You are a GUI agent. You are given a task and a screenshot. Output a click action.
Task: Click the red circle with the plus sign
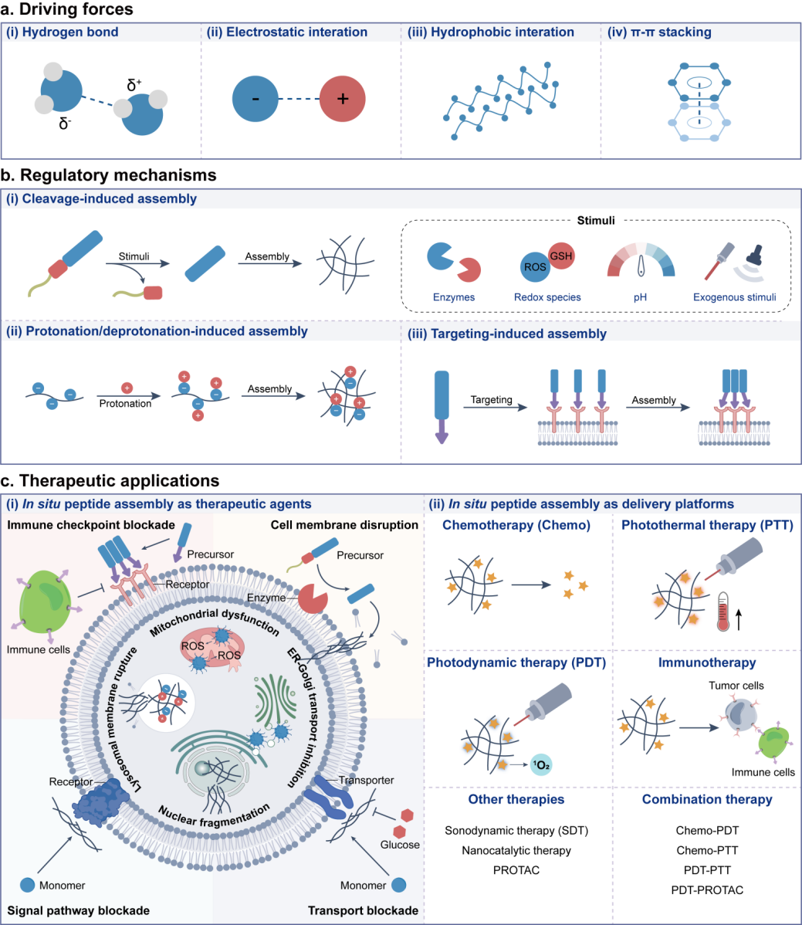[343, 99]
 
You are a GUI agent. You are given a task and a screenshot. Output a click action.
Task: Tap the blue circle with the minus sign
[255, 99]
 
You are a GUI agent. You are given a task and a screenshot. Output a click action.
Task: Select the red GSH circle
[561, 256]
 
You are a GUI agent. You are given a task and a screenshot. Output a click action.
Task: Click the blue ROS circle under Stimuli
[535, 266]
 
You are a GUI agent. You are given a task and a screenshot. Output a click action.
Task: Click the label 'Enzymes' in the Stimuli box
[453, 297]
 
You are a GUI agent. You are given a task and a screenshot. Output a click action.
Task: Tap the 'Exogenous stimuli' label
[734, 297]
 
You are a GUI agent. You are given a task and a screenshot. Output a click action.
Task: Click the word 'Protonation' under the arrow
[125, 404]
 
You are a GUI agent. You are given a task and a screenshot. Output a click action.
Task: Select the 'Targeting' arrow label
[491, 400]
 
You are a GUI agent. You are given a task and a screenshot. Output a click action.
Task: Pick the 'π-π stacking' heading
[671, 32]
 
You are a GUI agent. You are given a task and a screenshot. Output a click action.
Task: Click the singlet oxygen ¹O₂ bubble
[541, 765]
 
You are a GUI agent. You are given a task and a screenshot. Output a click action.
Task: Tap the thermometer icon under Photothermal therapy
[723, 613]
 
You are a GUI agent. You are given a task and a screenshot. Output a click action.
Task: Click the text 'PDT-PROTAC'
[707, 889]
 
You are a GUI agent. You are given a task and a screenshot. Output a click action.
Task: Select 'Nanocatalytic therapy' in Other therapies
[516, 850]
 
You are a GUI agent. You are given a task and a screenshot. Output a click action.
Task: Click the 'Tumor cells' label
[736, 686]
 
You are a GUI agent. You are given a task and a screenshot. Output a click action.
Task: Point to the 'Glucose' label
[400, 845]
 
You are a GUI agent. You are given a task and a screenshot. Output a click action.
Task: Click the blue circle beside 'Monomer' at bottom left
[27, 885]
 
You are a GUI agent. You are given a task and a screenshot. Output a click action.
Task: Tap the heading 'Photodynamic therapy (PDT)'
[516, 662]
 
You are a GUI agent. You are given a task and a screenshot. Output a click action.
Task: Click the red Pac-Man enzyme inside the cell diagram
[313, 598]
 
